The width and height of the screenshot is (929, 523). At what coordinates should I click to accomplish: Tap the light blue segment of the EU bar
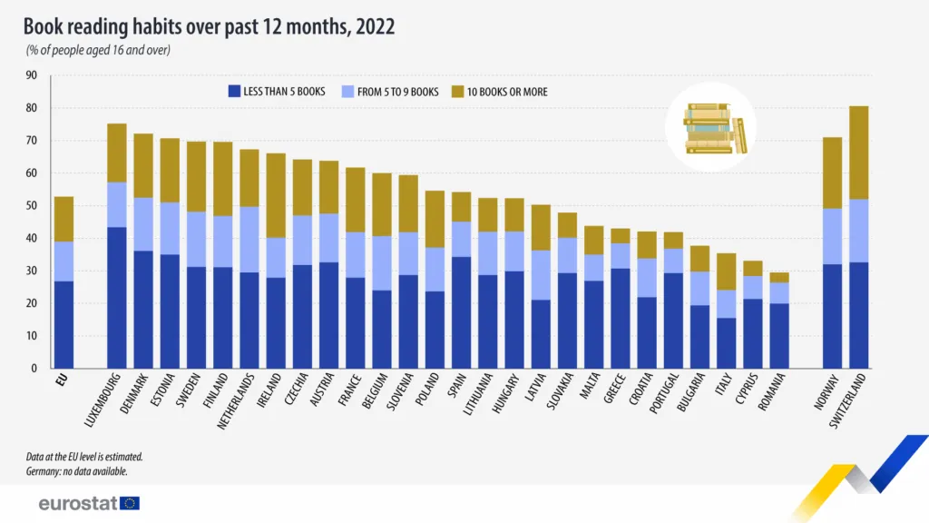pos(64,261)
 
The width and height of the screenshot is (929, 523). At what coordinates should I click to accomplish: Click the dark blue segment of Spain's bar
pos(461,312)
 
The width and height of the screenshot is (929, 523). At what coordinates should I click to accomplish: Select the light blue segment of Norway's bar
pos(832,236)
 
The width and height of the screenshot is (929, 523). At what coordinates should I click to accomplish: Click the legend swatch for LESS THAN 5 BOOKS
pos(234,92)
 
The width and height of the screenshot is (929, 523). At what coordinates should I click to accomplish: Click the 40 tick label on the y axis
pos(32,238)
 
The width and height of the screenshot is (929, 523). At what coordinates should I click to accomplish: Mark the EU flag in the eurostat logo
pos(130,503)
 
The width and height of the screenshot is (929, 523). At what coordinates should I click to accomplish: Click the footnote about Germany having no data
pos(76,471)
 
